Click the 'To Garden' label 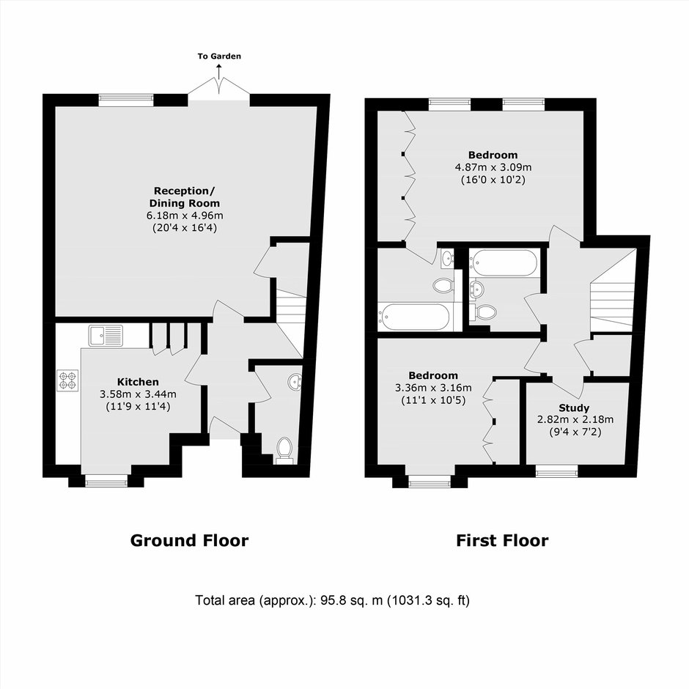point(219,56)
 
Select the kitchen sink point(106,336)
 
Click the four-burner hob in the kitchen point(67,380)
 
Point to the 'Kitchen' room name point(138,382)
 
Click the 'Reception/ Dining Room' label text point(185,197)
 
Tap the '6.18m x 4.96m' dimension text point(185,215)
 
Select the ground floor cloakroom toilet point(284,449)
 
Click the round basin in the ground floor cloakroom point(295,382)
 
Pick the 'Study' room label point(574,408)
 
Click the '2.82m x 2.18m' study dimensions point(575,420)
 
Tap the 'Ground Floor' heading point(189,540)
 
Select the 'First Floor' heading point(502,540)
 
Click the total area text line point(332,600)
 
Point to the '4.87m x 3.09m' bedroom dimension point(493,167)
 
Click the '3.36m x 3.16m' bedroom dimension point(433,388)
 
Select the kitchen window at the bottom point(106,482)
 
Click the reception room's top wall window point(126,100)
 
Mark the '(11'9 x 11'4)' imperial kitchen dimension point(138,407)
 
